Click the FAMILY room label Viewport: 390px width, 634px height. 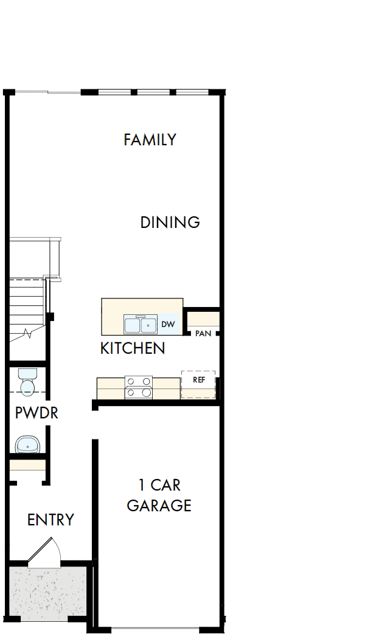click(x=150, y=140)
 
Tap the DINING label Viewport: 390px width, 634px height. click(x=170, y=222)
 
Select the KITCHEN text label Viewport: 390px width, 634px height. click(x=132, y=348)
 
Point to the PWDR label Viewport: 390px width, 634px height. click(x=36, y=413)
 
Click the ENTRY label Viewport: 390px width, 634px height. click(x=50, y=520)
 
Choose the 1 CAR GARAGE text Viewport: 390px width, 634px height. click(x=159, y=495)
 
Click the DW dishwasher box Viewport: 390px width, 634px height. click(x=169, y=325)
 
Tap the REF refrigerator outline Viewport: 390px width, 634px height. click(x=198, y=383)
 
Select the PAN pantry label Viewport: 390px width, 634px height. click(x=203, y=334)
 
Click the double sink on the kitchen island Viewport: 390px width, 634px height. click(x=141, y=325)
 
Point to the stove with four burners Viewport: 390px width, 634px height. click(x=138, y=387)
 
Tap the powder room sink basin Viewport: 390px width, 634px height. click(x=27, y=445)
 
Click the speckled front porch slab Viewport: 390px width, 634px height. click(x=49, y=593)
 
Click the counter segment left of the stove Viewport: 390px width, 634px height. click(x=111, y=388)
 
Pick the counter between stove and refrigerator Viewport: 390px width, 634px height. click(x=166, y=388)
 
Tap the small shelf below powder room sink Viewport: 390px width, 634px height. click(x=27, y=466)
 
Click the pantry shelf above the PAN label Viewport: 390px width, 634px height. click(x=203, y=319)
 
